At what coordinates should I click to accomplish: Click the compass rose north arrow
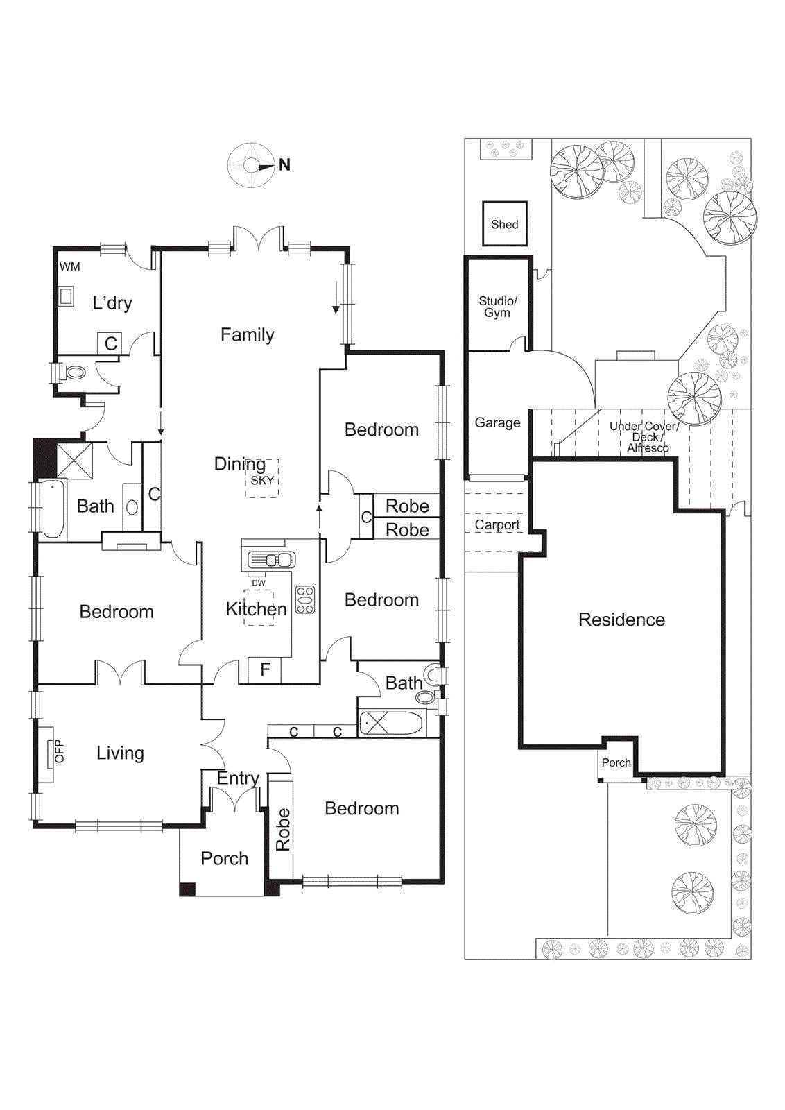(x=267, y=166)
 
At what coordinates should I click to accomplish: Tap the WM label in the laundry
(x=70, y=267)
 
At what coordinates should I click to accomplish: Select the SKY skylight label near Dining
(x=262, y=480)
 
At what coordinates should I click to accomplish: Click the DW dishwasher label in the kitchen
(x=259, y=583)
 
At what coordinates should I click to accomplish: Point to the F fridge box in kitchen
(x=265, y=670)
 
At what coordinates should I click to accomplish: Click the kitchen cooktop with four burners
(x=305, y=599)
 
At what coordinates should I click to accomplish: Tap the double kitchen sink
(x=272, y=560)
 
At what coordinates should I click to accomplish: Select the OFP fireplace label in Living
(x=59, y=751)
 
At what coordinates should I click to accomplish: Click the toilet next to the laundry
(x=74, y=373)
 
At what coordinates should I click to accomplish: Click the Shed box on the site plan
(x=505, y=224)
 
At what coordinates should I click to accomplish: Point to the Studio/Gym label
(x=498, y=307)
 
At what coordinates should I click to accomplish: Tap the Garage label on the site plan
(x=497, y=422)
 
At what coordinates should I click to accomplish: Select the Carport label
(x=497, y=525)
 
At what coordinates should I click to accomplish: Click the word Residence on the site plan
(x=621, y=620)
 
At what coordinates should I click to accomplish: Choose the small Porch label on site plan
(x=616, y=762)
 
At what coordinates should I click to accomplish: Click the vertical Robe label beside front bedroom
(x=283, y=829)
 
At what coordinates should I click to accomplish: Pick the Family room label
(x=247, y=334)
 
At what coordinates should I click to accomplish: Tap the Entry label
(x=238, y=778)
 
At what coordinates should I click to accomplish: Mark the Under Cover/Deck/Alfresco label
(x=645, y=437)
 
